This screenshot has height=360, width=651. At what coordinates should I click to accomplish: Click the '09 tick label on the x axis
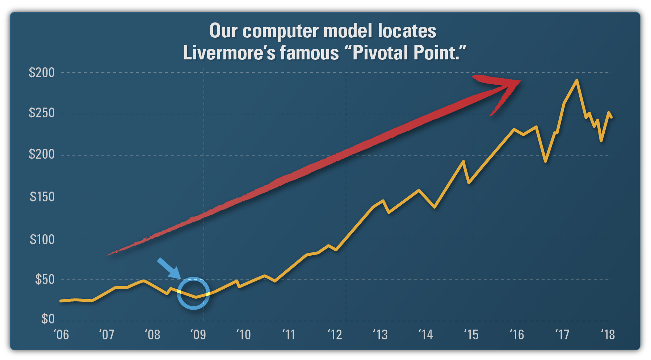pyautogui.click(x=198, y=335)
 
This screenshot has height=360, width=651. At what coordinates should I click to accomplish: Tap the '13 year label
pyautogui.click(x=380, y=335)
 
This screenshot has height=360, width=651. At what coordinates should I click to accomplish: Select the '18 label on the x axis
pyautogui.click(x=608, y=335)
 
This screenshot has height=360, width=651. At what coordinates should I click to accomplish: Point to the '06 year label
pyautogui.click(x=61, y=335)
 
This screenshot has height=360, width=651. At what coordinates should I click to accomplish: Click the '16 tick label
pyautogui.click(x=517, y=335)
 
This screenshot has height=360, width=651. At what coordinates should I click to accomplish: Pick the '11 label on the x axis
pyautogui.click(x=289, y=335)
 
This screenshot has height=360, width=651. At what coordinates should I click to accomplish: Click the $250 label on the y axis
pyautogui.click(x=42, y=113)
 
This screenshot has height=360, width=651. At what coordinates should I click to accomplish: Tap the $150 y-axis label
pyautogui.click(x=42, y=197)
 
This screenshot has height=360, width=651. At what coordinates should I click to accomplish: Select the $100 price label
pyautogui.click(x=42, y=239)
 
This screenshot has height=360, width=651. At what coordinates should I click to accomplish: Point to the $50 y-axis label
pyautogui.click(x=45, y=279)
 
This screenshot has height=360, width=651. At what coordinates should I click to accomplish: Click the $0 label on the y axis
pyautogui.click(x=48, y=319)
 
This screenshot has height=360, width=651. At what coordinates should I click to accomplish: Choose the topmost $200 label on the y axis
pyautogui.click(x=42, y=72)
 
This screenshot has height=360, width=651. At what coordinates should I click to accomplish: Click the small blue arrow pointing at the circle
pyautogui.click(x=169, y=268)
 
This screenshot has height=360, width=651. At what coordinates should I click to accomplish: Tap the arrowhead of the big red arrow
pyautogui.click(x=503, y=89)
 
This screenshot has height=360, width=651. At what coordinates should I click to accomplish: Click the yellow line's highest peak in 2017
pyautogui.click(x=576, y=80)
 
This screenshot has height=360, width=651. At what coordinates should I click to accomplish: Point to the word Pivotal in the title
pyautogui.click(x=380, y=53)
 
